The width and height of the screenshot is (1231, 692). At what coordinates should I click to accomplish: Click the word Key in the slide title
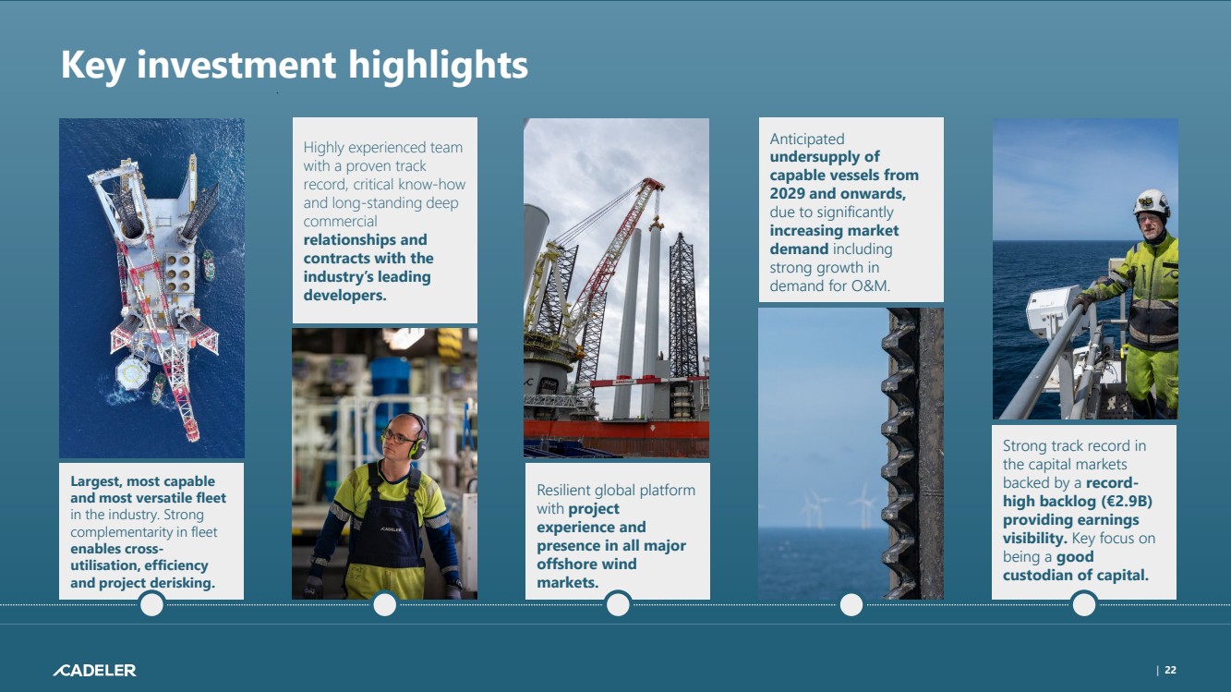93,66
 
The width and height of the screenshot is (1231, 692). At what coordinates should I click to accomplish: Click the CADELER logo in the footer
94,671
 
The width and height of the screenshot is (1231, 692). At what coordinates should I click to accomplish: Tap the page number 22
1171,670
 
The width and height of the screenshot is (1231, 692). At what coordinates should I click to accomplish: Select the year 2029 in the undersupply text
787,193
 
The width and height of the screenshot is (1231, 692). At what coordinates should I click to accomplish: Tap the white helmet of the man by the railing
1151,203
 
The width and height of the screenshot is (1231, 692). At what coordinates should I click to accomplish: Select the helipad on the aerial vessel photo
132,373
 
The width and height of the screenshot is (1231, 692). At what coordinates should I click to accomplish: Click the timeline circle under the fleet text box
151,604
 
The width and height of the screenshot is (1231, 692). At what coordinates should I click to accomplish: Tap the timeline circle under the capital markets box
1084,604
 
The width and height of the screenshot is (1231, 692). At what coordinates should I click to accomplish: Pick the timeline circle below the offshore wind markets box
618,604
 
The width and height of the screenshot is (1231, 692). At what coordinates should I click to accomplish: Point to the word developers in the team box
344,295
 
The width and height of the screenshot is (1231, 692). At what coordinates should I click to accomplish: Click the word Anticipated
807,140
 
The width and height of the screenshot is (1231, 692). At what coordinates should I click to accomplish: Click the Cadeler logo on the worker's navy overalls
392,529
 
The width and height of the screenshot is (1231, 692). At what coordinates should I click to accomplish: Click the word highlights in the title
438,66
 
